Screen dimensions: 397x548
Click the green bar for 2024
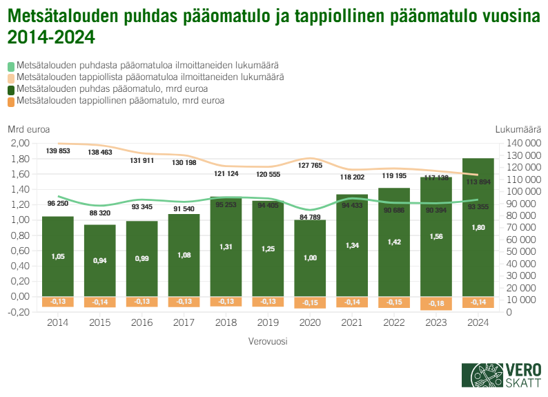(x=478, y=228)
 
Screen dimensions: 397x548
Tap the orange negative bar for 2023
(x=436, y=304)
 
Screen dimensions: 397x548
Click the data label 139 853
(x=58, y=151)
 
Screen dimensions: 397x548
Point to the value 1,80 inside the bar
(x=478, y=227)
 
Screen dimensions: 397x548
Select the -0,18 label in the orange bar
(x=436, y=302)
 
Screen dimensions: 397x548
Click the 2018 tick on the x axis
(x=226, y=322)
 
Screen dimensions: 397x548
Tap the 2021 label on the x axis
(x=352, y=322)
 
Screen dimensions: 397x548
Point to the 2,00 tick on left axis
(x=20, y=144)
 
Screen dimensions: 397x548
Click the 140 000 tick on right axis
(x=519, y=144)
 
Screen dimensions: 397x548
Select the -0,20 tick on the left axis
(x=19, y=312)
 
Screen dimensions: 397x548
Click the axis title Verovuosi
(x=268, y=341)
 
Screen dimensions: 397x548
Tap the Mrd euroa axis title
(x=28, y=128)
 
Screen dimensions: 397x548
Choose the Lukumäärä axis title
(x=518, y=128)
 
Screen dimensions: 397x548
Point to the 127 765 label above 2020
(x=310, y=166)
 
